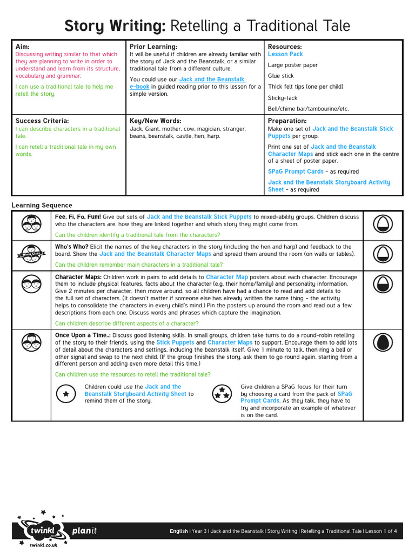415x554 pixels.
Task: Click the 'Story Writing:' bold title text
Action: pyautogui.click(x=115, y=26)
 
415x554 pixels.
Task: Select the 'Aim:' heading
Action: pyautogui.click(x=24, y=47)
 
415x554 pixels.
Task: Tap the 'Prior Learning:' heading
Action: pyautogui.click(x=153, y=47)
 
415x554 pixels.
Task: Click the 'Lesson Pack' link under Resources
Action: pyautogui.click(x=285, y=54)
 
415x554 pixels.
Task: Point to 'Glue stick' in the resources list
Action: pyautogui.click(x=281, y=76)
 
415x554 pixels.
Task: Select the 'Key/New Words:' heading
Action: pyautogui.click(x=156, y=121)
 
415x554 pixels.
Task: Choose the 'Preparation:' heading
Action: pyautogui.click(x=287, y=121)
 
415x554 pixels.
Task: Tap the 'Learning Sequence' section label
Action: pyautogui.click(x=42, y=206)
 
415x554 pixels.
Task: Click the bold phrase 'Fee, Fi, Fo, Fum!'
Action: pyautogui.click(x=78, y=217)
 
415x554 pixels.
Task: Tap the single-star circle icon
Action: pyautogui.click(x=66, y=394)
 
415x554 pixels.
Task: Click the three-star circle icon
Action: pyautogui.click(x=220, y=394)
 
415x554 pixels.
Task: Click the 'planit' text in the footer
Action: pyautogui.click(x=85, y=531)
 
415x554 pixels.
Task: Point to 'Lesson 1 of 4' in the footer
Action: pyautogui.click(x=381, y=531)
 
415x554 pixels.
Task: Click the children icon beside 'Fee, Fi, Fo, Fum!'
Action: pyautogui.click(x=31, y=222)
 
